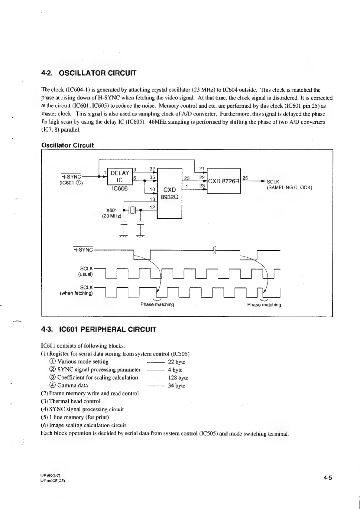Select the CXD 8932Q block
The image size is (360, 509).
pyautogui.click(x=169, y=193)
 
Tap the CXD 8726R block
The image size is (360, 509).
pyautogui.click(x=224, y=181)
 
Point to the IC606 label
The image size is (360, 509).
pyautogui.click(x=120, y=189)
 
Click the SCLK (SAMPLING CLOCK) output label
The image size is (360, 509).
pyautogui.click(x=289, y=184)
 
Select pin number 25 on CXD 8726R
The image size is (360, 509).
pyautogui.click(x=245, y=178)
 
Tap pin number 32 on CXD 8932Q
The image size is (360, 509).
pyautogui.click(x=152, y=169)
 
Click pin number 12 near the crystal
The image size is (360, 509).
pyautogui.click(x=152, y=207)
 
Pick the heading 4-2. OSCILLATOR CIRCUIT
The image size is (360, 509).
pyautogui.click(x=89, y=73)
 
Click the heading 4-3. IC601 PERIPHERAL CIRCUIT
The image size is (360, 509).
pyautogui.click(x=99, y=329)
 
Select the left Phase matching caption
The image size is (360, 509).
pyautogui.click(x=157, y=305)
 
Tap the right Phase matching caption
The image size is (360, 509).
pyautogui.click(x=264, y=305)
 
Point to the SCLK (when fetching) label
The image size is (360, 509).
pyautogui.click(x=77, y=290)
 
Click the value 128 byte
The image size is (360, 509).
pyautogui.click(x=178, y=378)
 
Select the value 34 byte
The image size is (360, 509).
pyautogui.click(x=177, y=386)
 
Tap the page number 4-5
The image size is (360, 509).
pyautogui.click(x=328, y=478)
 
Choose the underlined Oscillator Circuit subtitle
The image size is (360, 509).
pyautogui.click(x=67, y=145)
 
